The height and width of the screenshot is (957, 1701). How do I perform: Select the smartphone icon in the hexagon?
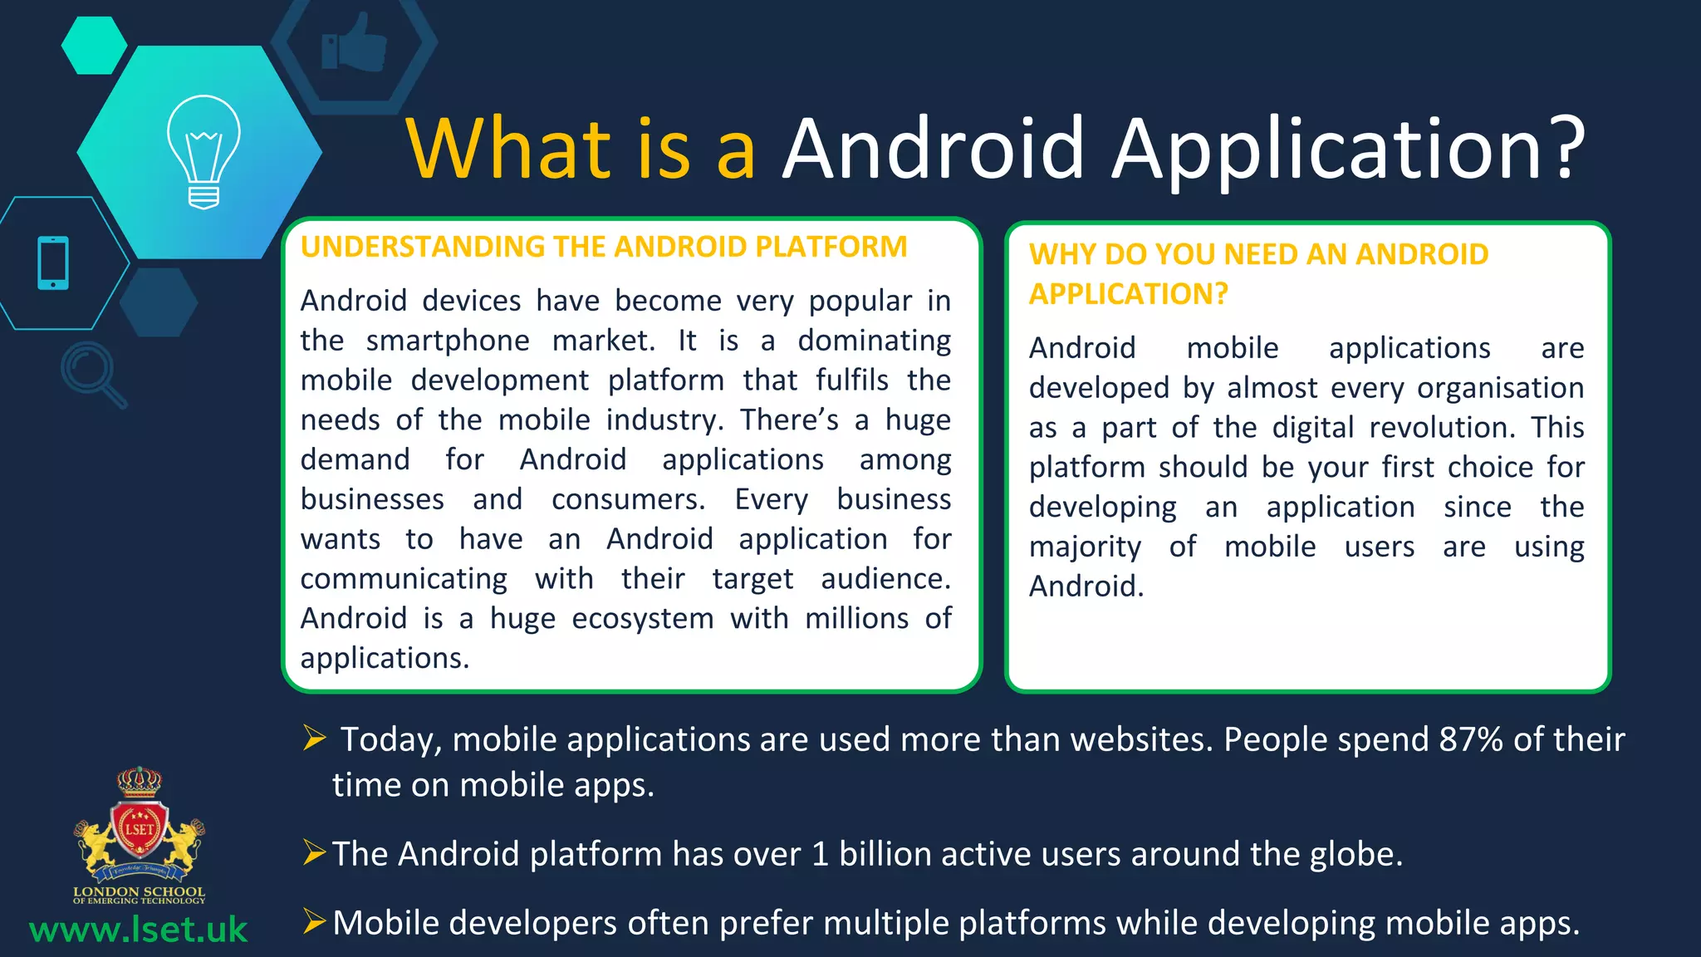pyautogui.click(x=53, y=263)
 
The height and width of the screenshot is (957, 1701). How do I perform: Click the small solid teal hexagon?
pyautogui.click(x=94, y=46)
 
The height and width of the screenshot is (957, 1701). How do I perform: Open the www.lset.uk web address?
pyautogui.click(x=138, y=930)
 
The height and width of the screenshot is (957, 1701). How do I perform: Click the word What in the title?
pyautogui.click(x=508, y=149)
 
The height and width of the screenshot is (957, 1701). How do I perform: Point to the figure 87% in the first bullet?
pyautogui.click(x=1471, y=739)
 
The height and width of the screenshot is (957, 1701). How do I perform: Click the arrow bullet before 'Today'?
pyautogui.click(x=315, y=737)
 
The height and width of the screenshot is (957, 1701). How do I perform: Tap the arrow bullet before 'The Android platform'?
pyautogui.click(x=315, y=852)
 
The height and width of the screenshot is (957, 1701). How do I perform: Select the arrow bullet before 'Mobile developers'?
pyautogui.click(x=315, y=921)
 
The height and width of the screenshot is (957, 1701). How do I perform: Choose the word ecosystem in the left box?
pyautogui.click(x=643, y=619)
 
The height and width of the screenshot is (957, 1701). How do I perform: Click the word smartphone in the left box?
pyautogui.click(x=448, y=341)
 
